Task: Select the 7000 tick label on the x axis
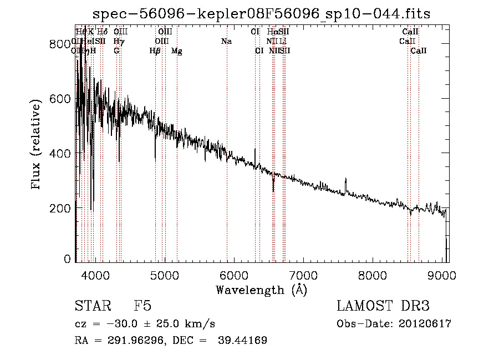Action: point(303,275)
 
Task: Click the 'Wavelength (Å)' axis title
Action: point(261,290)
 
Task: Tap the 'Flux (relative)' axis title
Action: point(37,145)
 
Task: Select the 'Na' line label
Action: point(226,42)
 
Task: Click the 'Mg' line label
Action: point(177,51)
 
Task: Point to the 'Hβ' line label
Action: point(155,51)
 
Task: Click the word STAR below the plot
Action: point(90,306)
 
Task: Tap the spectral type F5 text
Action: point(142,306)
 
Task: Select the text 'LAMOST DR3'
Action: point(383,306)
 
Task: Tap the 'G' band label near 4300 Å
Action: point(116,51)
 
